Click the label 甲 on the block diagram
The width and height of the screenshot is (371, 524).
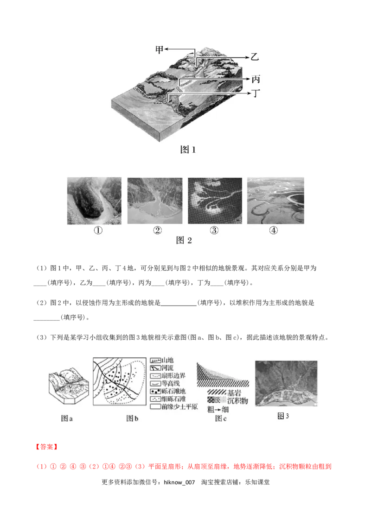[159, 50]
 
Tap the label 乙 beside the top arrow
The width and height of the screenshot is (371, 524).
[254, 57]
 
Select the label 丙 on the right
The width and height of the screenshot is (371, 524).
[256, 79]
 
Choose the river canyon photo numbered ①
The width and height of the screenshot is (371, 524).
[94, 200]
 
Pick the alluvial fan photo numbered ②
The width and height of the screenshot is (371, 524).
[154, 200]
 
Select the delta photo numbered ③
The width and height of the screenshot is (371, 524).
[215, 200]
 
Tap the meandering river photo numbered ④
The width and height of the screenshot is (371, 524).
[275, 200]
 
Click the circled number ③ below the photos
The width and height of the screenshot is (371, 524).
[215, 231]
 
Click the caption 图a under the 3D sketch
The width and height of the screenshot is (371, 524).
[67, 418]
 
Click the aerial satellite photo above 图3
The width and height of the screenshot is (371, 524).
[286, 384]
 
